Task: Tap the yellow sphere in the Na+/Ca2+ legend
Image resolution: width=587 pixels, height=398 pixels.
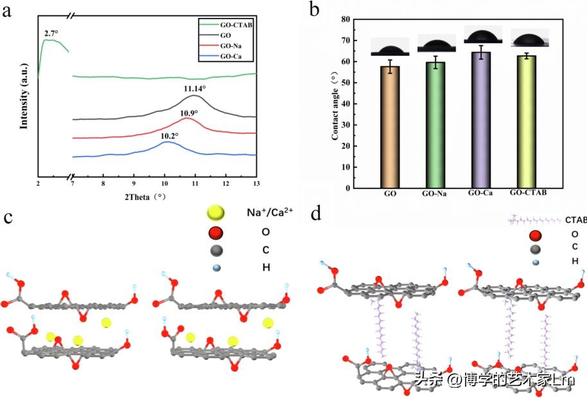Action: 216,212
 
